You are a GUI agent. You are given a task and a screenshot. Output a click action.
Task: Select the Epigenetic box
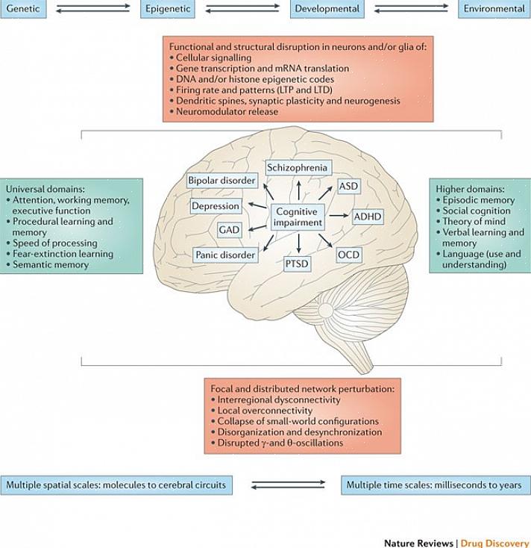[x=167, y=9]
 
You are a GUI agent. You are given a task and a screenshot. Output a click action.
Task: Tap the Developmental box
[x=327, y=9]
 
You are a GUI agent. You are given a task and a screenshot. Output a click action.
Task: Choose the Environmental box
[x=494, y=9]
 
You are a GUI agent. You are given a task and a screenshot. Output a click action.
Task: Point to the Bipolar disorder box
[x=222, y=181]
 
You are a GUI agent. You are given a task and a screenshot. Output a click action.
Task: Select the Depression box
[x=216, y=205]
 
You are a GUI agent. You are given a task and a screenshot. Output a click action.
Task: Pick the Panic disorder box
[x=225, y=255]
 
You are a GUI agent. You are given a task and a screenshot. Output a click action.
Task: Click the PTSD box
[x=298, y=263]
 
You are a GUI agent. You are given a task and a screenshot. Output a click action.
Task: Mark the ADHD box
[x=368, y=217]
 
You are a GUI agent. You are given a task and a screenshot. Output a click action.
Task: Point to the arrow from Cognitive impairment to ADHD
[x=339, y=216]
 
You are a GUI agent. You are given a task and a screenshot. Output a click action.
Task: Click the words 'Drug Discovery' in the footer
[x=494, y=543]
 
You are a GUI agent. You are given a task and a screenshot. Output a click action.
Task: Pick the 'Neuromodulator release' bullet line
[x=227, y=111]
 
